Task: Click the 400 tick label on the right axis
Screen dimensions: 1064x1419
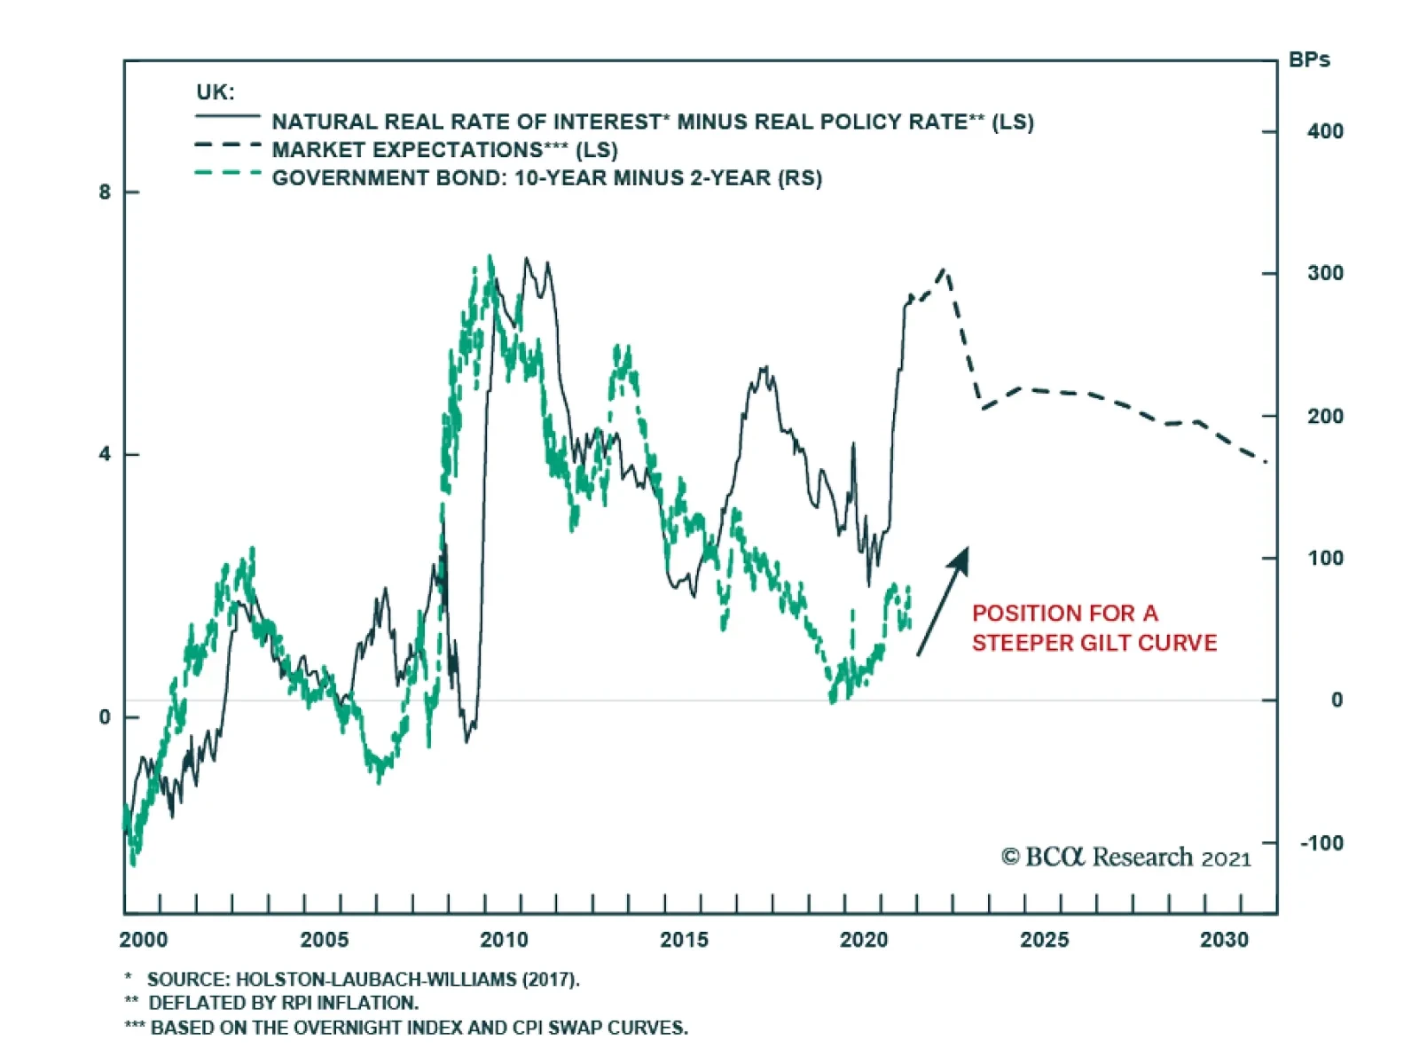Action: click(1325, 131)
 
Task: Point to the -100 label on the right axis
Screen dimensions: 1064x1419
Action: click(1321, 842)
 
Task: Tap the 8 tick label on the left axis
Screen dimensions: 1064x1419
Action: click(106, 192)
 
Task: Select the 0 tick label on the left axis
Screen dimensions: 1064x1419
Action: click(106, 716)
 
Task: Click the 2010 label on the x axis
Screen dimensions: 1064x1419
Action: click(504, 940)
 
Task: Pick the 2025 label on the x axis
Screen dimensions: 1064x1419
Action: click(1044, 940)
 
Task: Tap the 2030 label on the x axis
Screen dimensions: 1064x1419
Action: click(1224, 940)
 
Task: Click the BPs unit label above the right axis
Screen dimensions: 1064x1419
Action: click(1309, 60)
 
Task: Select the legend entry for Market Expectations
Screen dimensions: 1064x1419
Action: click(444, 150)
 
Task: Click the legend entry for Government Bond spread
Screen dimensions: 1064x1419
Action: click(546, 178)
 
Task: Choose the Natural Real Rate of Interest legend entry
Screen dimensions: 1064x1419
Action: click(653, 121)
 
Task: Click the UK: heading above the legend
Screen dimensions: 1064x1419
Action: click(216, 92)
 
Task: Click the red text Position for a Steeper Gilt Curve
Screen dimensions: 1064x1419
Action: click(1094, 628)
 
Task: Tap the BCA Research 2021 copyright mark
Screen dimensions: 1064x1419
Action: click(1125, 857)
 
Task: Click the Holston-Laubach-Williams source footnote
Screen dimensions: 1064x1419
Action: click(362, 979)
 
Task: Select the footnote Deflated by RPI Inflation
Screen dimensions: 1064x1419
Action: click(282, 1003)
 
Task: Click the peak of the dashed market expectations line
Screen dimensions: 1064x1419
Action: click(944, 270)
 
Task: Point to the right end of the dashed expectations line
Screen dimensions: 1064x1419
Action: click(1266, 461)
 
